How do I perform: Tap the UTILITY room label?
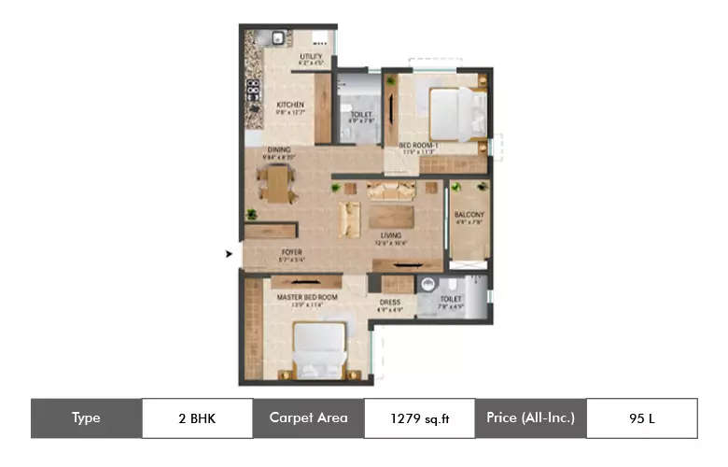(311, 58)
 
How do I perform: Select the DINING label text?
(279, 149)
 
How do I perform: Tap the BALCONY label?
(469, 215)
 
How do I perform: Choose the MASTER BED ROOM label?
(307, 297)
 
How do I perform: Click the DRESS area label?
(389, 302)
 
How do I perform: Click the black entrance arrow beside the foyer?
(230, 252)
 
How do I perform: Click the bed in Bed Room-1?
(456, 114)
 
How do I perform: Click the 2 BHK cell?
(196, 418)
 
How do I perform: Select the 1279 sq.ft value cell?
(419, 418)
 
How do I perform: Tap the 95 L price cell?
(641, 418)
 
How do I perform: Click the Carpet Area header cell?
(308, 418)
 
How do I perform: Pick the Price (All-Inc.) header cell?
(530, 418)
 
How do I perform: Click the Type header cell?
(86, 418)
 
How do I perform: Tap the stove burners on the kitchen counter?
(252, 91)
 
